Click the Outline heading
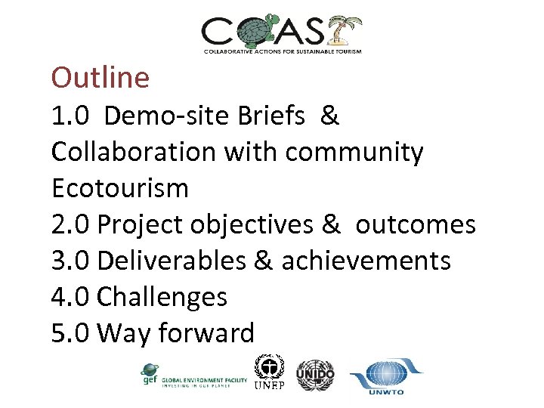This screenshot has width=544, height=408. pos(100,77)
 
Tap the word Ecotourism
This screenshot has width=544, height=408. pos(119,188)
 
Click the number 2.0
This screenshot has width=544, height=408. pos(71,224)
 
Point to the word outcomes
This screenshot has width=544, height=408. pos(416,224)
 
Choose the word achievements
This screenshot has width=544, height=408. pos(366,261)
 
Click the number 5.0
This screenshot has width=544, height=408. pos(71,333)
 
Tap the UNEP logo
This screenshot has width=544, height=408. pos(270,373)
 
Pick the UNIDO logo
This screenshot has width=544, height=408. pos(315,374)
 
